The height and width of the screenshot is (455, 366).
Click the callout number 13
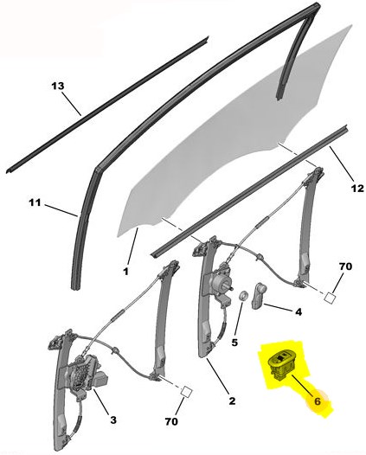coord(58,86)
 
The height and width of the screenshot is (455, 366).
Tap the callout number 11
coord(35,202)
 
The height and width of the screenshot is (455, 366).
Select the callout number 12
coord(357,189)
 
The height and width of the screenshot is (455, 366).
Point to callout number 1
coord(125,272)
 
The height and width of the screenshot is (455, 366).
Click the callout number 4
coord(299,312)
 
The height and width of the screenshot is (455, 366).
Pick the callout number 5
coord(234,343)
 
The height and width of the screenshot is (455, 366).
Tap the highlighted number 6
coord(318,401)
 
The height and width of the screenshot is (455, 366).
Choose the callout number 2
coord(232,401)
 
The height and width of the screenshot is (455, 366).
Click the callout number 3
coord(112,420)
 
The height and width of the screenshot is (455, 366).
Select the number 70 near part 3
coord(171,421)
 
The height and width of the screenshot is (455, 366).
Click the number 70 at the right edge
coord(345,266)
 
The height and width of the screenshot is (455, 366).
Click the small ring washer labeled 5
coord(243,296)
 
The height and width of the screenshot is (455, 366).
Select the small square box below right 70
coord(329,298)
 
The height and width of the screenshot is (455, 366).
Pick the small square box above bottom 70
coord(187,392)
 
